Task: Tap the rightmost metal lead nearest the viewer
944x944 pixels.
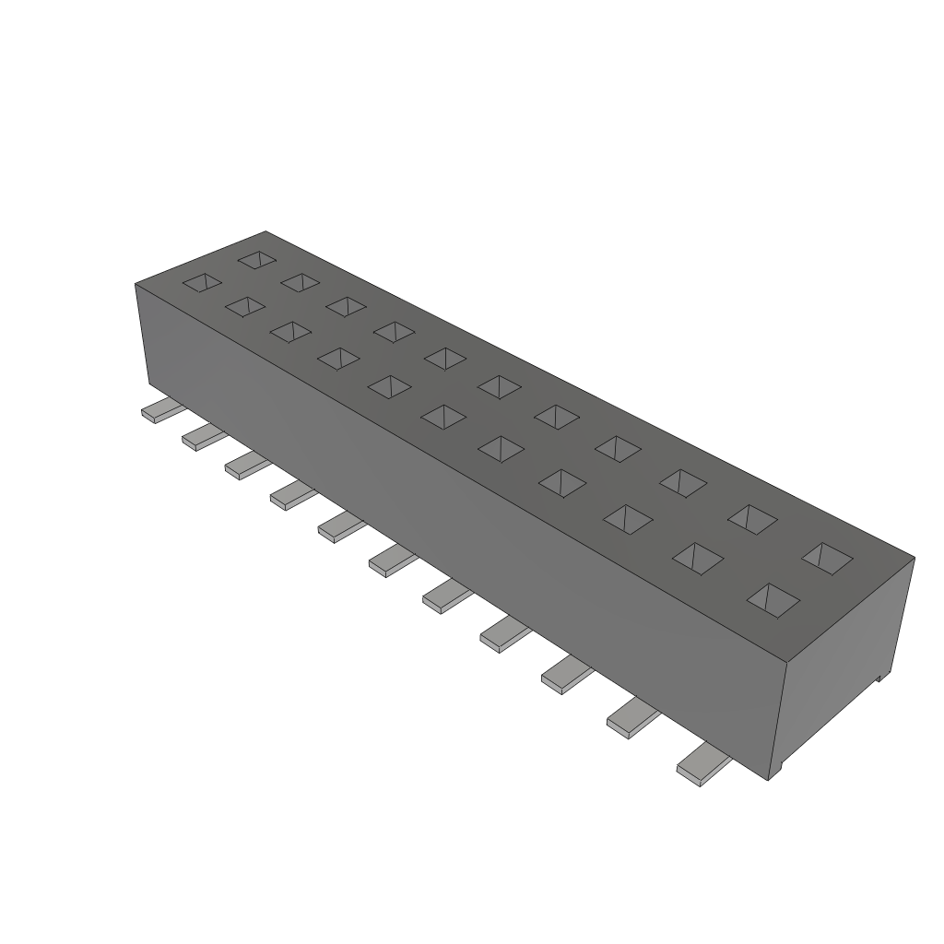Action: (x=702, y=765)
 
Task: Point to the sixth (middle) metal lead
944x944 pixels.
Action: (x=390, y=560)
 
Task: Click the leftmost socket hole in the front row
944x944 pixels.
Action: (x=202, y=282)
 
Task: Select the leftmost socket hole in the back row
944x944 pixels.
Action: (x=257, y=260)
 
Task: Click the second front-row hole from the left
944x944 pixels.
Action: (x=244, y=306)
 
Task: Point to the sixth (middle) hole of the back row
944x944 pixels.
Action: (x=500, y=386)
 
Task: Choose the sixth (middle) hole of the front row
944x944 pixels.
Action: (x=443, y=417)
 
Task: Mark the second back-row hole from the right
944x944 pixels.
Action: (x=752, y=519)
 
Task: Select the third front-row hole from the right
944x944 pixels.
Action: (x=627, y=519)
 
